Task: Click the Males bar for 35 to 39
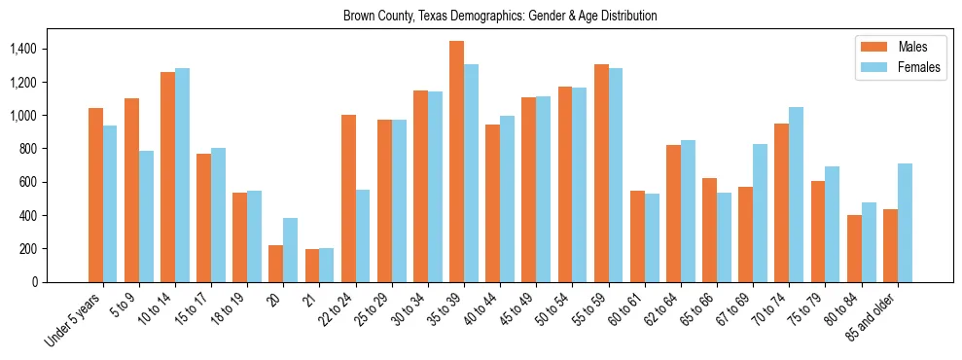pyautogui.click(x=456, y=162)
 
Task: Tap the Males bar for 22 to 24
pyautogui.click(x=348, y=198)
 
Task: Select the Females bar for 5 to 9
pyautogui.click(x=146, y=216)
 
